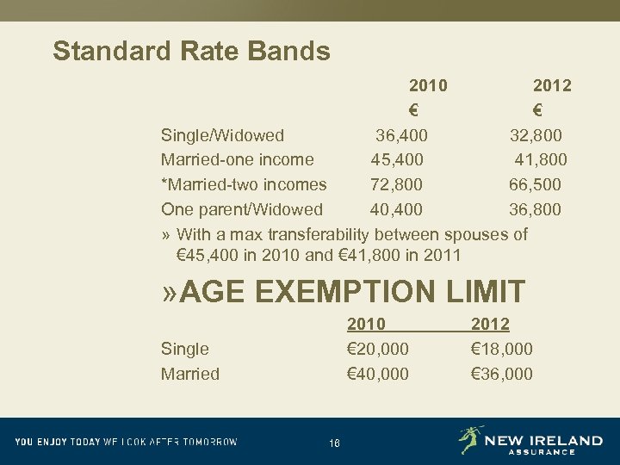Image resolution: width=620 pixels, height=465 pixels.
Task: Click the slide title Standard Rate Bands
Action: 191,51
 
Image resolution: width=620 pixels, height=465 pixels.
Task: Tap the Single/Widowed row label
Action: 222,135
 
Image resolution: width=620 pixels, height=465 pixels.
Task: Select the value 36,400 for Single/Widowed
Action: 401,135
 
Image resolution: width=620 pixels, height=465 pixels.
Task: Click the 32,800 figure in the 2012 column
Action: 536,135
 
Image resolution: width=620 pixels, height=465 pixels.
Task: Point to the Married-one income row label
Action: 237,159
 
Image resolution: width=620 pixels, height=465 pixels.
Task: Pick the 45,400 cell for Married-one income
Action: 397,159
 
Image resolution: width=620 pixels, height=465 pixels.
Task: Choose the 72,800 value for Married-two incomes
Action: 397,184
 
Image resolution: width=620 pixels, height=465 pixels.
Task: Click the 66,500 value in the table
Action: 535,184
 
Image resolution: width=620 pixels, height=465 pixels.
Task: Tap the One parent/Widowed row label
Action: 241,209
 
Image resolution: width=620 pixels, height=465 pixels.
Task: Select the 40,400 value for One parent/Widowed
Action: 397,209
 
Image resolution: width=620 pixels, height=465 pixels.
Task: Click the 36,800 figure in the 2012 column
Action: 535,209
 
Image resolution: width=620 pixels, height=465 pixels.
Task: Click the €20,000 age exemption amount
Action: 377,349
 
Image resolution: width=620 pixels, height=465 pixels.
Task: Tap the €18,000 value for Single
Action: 502,349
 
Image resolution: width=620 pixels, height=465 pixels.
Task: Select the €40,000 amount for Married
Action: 377,374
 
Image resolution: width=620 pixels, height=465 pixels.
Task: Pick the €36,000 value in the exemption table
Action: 502,374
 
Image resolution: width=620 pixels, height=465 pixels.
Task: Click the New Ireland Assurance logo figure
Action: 471,440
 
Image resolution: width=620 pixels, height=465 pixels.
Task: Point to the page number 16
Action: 334,443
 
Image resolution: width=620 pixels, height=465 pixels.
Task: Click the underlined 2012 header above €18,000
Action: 490,324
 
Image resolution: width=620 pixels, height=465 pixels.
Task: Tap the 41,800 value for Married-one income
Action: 540,159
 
